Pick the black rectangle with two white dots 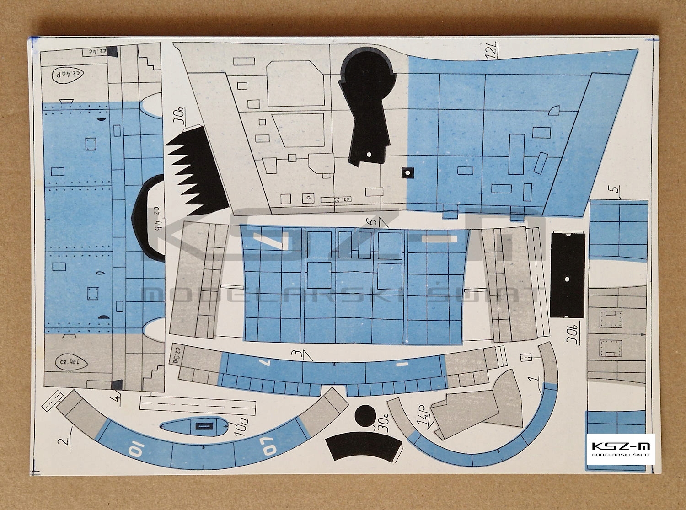pyautogui.click(x=568, y=274)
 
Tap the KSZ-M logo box pyautogui.click(x=621, y=448)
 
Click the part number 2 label pyautogui.click(x=64, y=439)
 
